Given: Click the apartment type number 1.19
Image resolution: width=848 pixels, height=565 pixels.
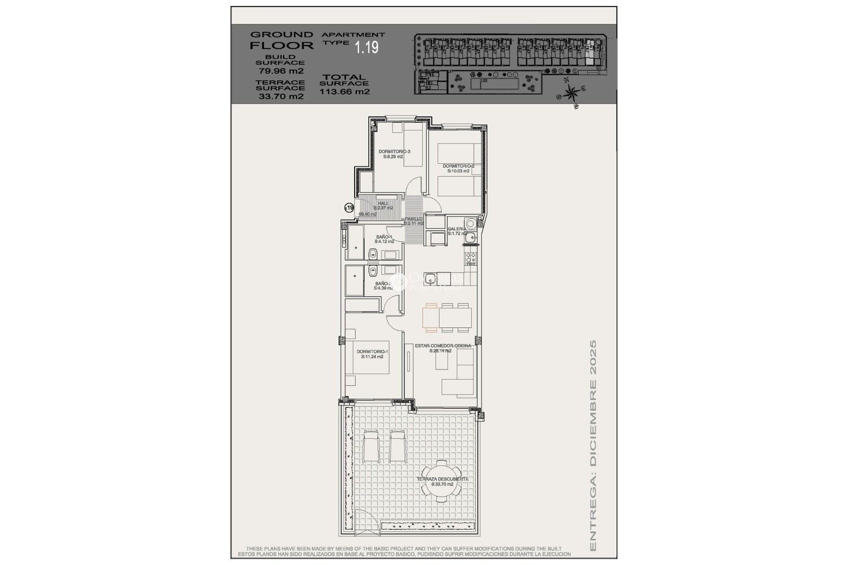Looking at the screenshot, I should click(367, 47).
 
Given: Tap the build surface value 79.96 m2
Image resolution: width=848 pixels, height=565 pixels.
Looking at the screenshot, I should click(281, 71).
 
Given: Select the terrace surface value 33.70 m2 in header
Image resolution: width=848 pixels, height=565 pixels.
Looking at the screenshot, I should click(281, 96).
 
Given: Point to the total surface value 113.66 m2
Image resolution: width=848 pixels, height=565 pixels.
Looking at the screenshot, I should click(344, 92).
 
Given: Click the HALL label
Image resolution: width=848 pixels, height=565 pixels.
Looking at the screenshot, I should click(383, 203).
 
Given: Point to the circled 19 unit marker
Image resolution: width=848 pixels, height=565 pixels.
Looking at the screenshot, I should click(349, 207).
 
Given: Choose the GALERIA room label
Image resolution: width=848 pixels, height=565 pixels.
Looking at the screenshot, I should click(457, 229).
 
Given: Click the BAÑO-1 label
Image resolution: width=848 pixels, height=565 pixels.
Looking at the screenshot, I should click(384, 237).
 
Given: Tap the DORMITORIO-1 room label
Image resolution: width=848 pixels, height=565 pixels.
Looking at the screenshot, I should click(372, 352).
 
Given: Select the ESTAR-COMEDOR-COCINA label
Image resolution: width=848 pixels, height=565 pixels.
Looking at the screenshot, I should click(443, 346).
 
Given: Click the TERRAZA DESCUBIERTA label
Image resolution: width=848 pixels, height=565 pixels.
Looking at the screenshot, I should click(443, 479).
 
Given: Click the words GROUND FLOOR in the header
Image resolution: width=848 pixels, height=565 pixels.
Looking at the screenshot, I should click(282, 40).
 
